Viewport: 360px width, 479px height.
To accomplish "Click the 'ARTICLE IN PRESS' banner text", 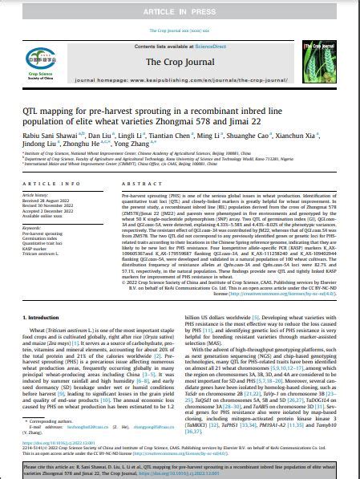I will coord(180,14).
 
